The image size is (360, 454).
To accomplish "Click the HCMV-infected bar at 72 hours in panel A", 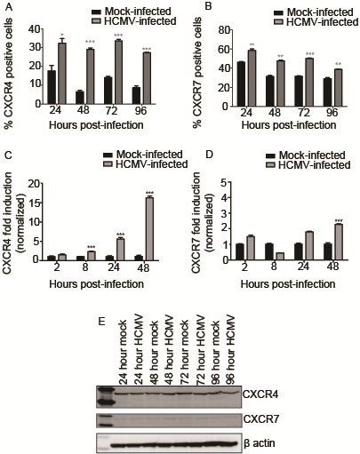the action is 118,72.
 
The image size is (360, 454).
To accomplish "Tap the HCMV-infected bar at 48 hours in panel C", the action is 149,228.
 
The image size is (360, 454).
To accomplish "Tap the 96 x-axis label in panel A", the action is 140,111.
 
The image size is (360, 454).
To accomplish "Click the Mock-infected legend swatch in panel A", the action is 97,12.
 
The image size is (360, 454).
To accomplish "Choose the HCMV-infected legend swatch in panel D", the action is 271,165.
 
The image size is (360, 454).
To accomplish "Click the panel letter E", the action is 101,322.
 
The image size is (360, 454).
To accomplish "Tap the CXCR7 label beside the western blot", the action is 261,419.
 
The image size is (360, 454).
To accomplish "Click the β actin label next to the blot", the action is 260,443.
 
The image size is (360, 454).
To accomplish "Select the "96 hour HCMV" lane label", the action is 230,350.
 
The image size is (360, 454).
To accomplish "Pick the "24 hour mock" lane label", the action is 123,353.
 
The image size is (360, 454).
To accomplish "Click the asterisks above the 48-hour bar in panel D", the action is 339,220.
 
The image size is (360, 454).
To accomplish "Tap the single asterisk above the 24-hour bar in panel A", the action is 62,35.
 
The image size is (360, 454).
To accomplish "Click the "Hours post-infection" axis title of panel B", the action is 289,125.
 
